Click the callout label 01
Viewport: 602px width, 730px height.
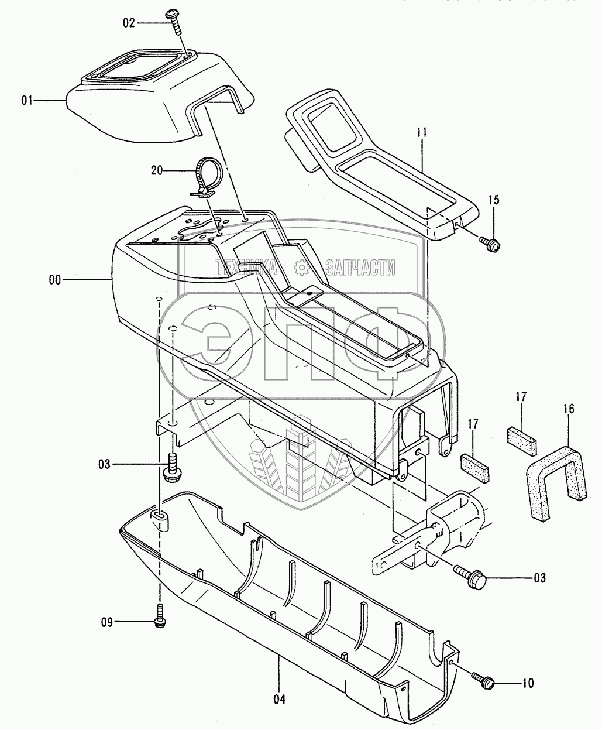pos(27,101)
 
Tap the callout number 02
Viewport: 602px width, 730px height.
pos(129,23)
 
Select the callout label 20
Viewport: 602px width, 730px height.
pos(157,170)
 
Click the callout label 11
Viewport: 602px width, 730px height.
pos(422,133)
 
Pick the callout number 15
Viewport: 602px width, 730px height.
pos(494,200)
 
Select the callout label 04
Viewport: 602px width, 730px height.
pos(279,699)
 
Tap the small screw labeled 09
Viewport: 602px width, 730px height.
pos(159,619)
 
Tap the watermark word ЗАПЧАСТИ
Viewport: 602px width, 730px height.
pos(360,268)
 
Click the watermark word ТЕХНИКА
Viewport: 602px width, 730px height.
pos(246,268)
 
